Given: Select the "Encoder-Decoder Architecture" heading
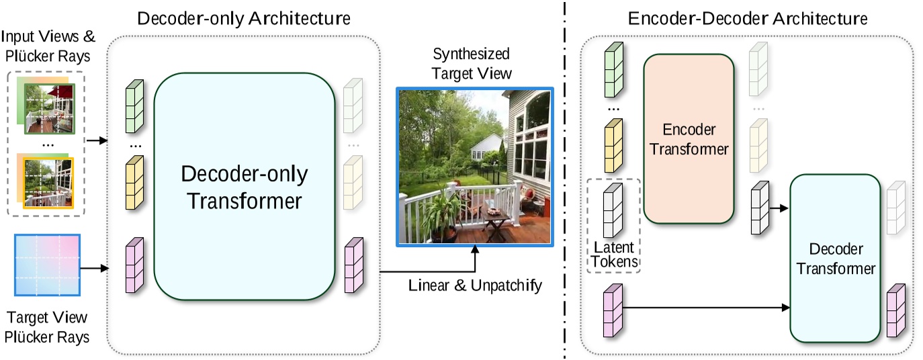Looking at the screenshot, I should pyautogui.click(x=748, y=18).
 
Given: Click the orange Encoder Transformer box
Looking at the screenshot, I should pyautogui.click(x=689, y=138).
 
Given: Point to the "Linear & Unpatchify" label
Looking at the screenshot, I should pyautogui.click(x=475, y=285).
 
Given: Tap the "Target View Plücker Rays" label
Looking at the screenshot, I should pyautogui.click(x=48, y=327).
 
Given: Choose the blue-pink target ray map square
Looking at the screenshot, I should pyautogui.click(x=47, y=265).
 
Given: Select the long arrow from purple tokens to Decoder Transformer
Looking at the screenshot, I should pyautogui.click(x=705, y=308).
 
